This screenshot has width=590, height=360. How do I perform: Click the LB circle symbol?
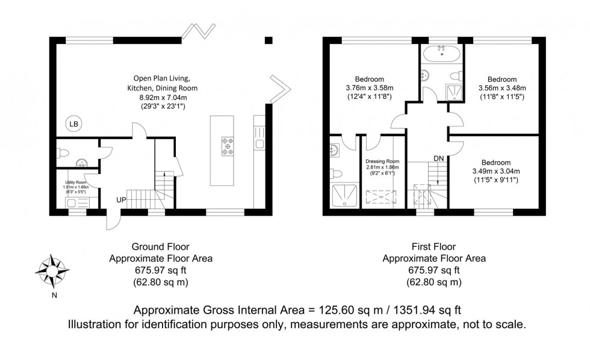73,125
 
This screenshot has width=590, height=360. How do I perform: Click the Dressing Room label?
383,161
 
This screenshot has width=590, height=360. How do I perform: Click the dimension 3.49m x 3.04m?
495,171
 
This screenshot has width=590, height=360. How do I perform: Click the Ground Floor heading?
160,246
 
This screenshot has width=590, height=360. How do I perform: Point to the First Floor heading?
435,246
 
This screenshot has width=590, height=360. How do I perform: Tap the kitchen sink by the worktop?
259,143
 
